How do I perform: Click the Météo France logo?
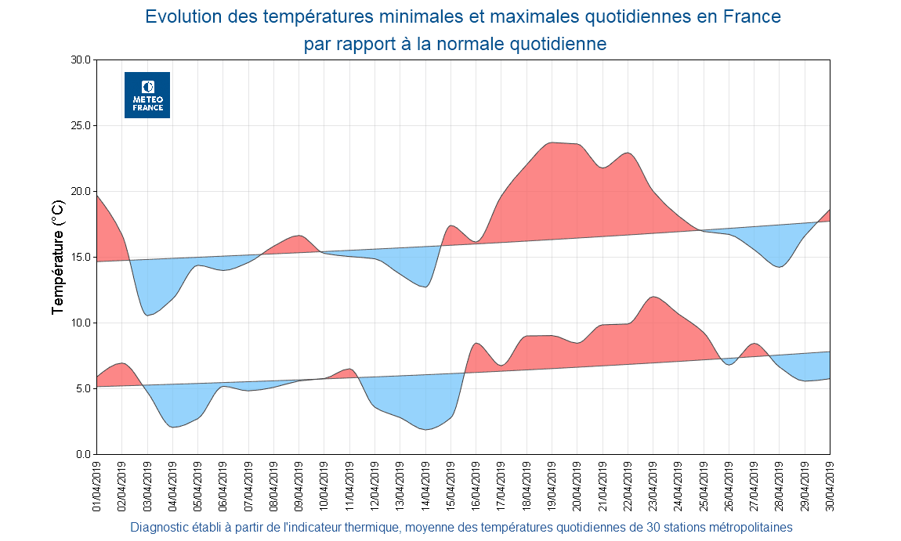tap(147, 95)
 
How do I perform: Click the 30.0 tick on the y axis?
tap(81, 60)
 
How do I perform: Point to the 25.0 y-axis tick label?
tap(81, 125)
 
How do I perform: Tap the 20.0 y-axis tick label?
tap(81, 191)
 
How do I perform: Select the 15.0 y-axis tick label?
tap(81, 257)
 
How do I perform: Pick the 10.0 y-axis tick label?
tap(81, 323)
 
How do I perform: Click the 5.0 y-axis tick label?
tap(84, 388)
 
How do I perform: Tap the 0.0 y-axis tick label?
tap(84, 454)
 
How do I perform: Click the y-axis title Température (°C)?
tap(57, 257)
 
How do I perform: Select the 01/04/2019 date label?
tap(96, 486)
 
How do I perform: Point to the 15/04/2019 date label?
tap(450, 486)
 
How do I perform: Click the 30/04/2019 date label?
tap(830, 486)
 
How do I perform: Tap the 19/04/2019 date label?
tap(552, 486)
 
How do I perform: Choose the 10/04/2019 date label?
tap(324, 486)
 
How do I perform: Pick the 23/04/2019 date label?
tap(653, 486)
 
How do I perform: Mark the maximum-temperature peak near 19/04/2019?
tap(552, 142)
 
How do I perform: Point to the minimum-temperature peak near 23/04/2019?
tap(653, 297)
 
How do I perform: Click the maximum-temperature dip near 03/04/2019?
tap(148, 315)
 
